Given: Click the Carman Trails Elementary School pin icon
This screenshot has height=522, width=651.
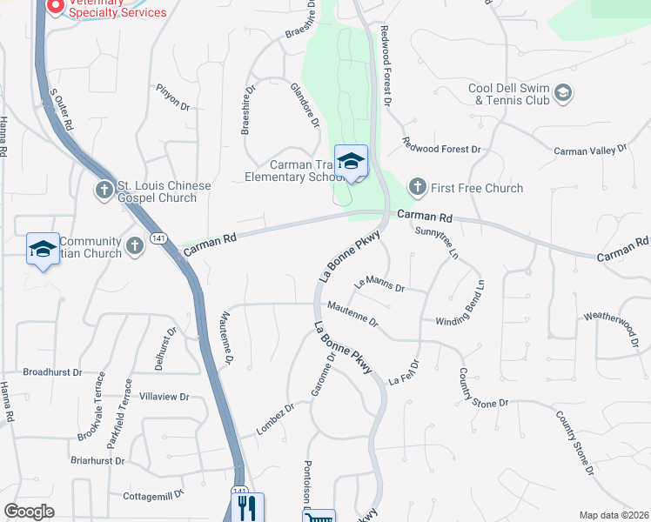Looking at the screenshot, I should (351, 162).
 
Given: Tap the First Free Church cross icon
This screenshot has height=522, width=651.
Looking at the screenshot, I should (418, 187).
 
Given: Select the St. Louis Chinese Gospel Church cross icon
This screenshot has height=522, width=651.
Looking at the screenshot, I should (103, 189).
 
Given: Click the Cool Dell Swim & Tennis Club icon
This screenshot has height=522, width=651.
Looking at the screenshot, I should (563, 92).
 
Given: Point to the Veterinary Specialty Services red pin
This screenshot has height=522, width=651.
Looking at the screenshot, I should (54, 6).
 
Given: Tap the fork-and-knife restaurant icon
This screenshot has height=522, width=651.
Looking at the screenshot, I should (251, 506).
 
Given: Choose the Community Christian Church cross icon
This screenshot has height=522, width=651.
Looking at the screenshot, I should (134, 246).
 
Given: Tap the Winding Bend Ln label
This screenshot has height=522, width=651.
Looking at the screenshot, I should (460, 303).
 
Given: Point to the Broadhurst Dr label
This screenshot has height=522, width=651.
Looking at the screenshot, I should (52, 371).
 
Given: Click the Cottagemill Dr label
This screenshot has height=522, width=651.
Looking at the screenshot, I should (154, 493).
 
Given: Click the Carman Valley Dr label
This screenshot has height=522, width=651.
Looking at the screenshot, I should (590, 151).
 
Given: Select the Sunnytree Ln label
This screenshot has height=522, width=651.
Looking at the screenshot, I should (436, 243).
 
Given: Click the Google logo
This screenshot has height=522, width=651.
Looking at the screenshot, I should (30, 512).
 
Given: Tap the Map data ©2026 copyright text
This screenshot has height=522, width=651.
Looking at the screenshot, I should (613, 515).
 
